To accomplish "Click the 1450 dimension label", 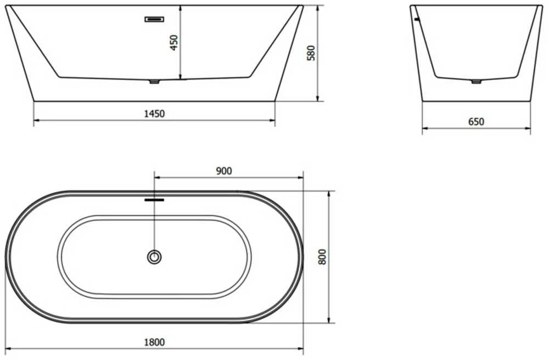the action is tap(154, 114).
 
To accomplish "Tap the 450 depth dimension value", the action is tap(174, 43).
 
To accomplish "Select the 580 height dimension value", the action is tap(311, 53).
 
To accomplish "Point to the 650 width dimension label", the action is tap(476, 122).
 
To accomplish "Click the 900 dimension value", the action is tap(224, 171).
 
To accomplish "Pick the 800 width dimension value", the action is tap(322, 257).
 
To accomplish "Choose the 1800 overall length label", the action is tap(154, 342).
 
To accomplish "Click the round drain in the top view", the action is tap(154, 257).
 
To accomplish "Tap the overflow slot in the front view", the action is tap(154, 19).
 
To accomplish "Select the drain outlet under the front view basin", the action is tap(154, 82).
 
